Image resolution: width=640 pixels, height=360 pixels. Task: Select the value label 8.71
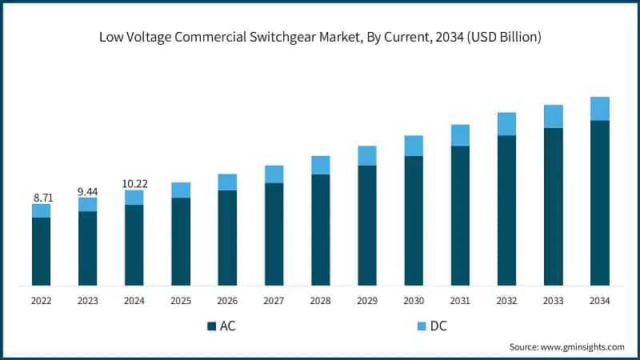tap(42, 196)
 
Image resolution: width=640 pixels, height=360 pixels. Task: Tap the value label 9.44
tap(88, 190)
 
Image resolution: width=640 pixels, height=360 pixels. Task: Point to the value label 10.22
tap(134, 183)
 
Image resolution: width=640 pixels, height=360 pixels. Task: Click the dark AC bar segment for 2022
tap(42, 251)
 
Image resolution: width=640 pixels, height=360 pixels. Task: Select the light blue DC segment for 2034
tap(599, 109)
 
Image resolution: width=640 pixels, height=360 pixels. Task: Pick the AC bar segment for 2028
tap(320, 230)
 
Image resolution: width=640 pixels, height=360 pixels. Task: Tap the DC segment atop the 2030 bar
tap(414, 146)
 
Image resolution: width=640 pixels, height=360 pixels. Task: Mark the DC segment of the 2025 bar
tap(181, 190)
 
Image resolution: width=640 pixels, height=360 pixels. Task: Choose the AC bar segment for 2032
tap(506, 210)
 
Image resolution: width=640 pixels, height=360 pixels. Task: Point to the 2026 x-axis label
tap(227, 301)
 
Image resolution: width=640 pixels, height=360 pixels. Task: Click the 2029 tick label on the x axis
tap(366, 301)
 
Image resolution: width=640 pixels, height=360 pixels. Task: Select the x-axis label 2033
tap(553, 301)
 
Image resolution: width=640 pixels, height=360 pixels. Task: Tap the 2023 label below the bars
tap(88, 301)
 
